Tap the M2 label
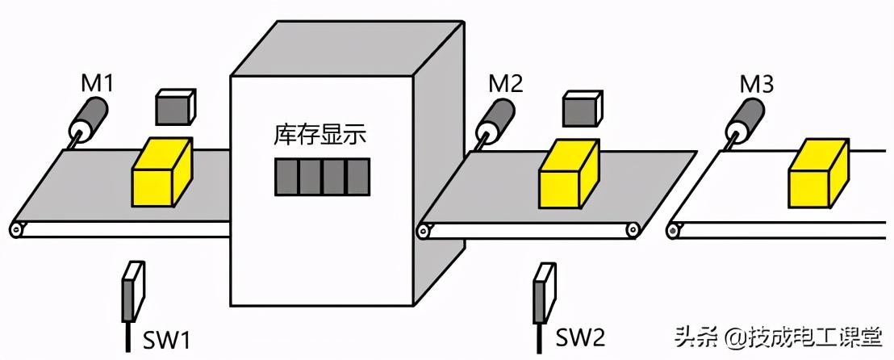click(x=505, y=82)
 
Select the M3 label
click(x=757, y=82)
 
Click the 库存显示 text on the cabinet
click(x=320, y=135)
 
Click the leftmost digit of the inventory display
click(x=286, y=177)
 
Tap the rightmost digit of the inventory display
click(x=357, y=177)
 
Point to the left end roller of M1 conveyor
click(x=16, y=230)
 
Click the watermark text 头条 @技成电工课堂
click(x=779, y=336)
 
